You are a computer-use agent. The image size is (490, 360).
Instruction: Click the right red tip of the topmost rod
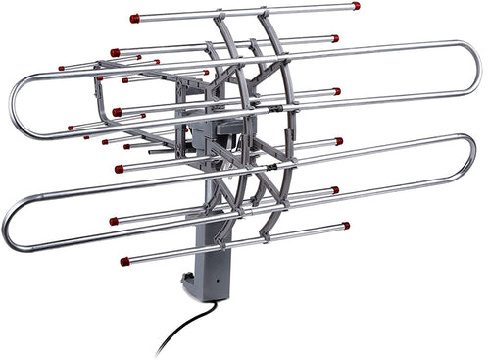[x=356, y=6]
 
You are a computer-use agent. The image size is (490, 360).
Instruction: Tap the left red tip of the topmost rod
[x=134, y=18]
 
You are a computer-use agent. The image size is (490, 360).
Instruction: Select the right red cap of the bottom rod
[x=346, y=225]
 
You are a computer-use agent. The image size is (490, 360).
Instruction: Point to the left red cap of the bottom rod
[x=124, y=261]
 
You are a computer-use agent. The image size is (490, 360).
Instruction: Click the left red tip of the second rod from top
[x=115, y=52]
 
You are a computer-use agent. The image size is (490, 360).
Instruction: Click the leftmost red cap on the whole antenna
[x=61, y=69]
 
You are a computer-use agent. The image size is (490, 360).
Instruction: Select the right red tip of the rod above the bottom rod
[x=334, y=190]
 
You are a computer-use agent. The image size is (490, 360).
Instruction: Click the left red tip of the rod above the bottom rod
[x=114, y=221]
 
